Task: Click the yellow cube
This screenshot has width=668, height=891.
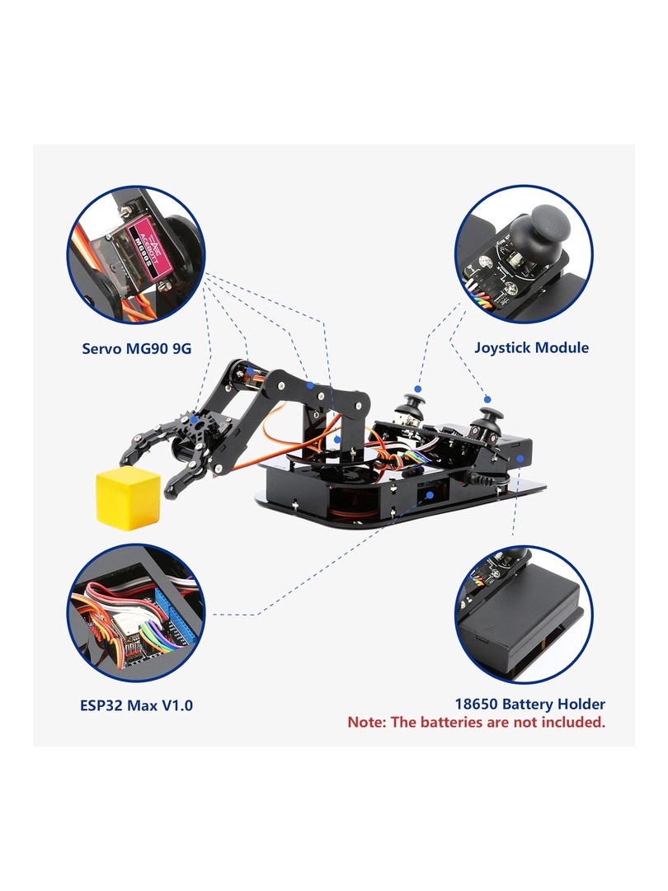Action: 129,498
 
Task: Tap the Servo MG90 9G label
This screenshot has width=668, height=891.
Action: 136,348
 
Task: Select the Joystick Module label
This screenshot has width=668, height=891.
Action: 531,348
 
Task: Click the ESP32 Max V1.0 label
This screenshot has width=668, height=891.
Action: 136,705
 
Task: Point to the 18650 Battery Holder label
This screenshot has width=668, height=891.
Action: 530,704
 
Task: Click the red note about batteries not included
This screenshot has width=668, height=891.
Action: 477,722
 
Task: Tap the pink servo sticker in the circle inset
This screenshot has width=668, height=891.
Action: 146,248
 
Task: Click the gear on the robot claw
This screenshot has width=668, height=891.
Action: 195,427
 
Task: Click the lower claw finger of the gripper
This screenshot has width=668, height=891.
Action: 185,478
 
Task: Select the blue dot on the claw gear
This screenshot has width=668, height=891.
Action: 195,420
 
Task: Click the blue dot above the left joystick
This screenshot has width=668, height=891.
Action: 417,389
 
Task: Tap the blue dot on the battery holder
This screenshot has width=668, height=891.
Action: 520,458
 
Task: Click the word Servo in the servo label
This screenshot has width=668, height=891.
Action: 101,348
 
